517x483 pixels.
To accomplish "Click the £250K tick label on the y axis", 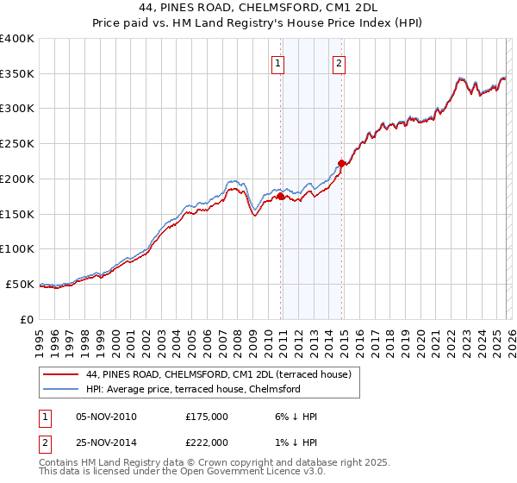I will pyautogui.click(x=17, y=144).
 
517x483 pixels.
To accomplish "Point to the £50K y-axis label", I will pyautogui.click(x=20, y=284).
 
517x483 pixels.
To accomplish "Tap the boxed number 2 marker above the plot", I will pyautogui.click(x=339, y=62).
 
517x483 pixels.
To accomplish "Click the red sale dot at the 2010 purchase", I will pyautogui.click(x=280, y=197).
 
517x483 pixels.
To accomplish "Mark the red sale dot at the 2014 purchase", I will pyautogui.click(x=342, y=163).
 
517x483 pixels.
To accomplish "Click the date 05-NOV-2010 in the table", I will pyautogui.click(x=106, y=416).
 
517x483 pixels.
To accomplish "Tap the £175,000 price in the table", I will pyautogui.click(x=206, y=416).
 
